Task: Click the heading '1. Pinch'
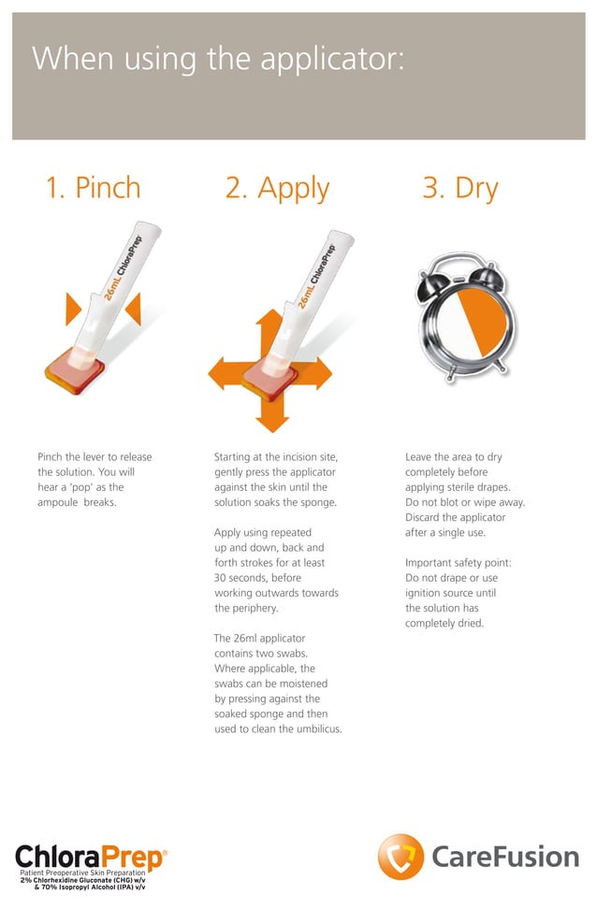click(94, 188)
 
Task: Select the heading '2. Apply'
click(277, 188)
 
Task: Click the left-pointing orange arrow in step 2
click(225, 371)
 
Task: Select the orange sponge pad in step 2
click(269, 379)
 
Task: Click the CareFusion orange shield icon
click(400, 857)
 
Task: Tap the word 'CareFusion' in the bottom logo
click(505, 857)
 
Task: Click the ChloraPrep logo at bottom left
click(91, 857)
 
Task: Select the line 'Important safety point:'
click(458, 562)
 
